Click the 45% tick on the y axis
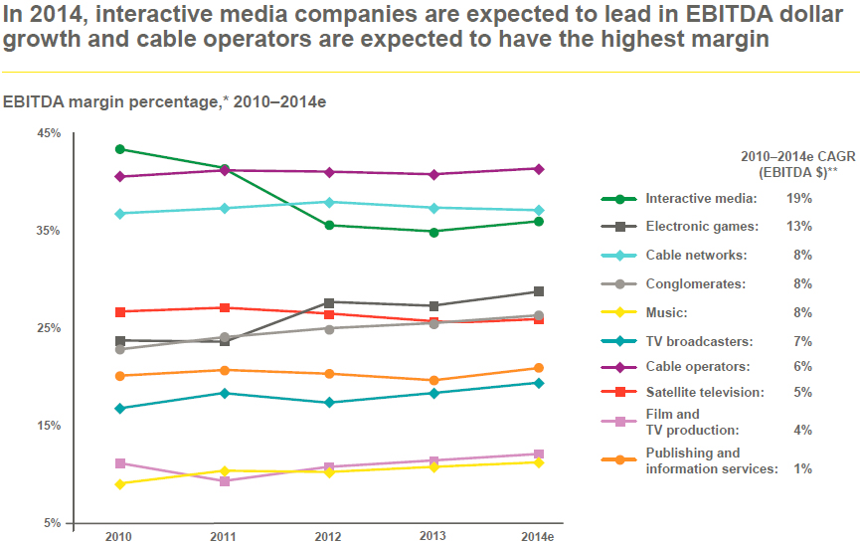49,133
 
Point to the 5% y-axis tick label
52,523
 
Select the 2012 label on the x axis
329,536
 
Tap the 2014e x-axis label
538,536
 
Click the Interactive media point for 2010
120,149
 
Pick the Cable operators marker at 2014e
538,169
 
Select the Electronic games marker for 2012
329,301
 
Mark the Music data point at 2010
120,484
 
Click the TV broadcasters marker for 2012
329,403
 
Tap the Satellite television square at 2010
120,312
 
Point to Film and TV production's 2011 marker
225,481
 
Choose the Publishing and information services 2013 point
433,381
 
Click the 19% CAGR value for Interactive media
799,198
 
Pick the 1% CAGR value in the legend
802,468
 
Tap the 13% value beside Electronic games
799,227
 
